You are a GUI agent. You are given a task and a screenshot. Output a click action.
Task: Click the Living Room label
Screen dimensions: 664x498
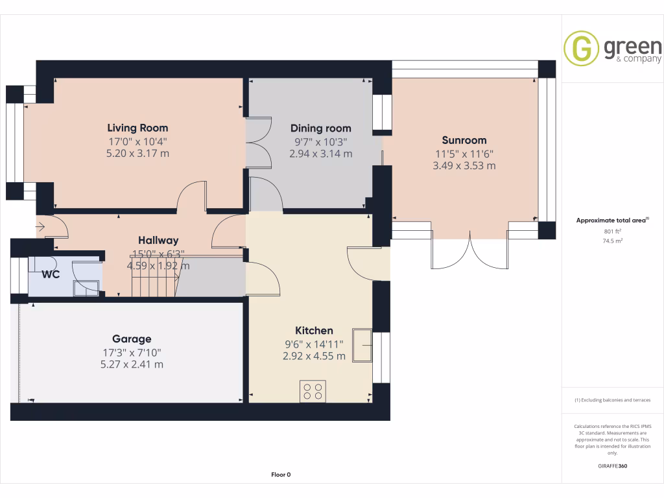[x=137, y=128]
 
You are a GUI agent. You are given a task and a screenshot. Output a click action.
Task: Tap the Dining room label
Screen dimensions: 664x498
[x=320, y=128]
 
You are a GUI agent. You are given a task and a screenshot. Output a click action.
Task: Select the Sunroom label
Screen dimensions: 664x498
[x=464, y=140]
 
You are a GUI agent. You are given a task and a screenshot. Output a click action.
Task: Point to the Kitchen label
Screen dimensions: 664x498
[x=314, y=330]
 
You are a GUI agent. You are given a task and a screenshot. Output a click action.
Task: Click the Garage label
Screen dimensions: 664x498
[x=132, y=338]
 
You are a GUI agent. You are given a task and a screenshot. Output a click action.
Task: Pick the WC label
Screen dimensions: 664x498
[x=51, y=274]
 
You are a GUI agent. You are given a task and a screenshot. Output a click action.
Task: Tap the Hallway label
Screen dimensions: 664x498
[x=158, y=241]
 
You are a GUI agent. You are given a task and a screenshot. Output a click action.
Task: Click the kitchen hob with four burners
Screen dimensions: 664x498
[x=313, y=391]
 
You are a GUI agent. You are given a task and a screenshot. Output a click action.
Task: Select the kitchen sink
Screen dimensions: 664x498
[x=362, y=345]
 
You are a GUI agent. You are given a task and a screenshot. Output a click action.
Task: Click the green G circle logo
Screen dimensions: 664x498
[x=581, y=48]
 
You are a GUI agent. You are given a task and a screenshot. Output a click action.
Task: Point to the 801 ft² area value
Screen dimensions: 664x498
[x=612, y=231]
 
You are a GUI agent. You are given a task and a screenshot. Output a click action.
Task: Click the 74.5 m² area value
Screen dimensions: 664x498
[x=612, y=241]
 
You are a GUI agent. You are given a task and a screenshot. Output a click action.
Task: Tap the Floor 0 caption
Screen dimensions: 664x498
[x=281, y=475]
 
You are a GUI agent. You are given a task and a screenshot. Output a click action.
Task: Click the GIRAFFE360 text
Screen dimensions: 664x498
[x=612, y=466]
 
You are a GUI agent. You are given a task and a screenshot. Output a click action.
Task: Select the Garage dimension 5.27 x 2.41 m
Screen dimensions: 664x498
[x=132, y=364]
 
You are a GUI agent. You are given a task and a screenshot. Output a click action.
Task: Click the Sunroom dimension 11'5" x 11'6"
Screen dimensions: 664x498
[x=464, y=154]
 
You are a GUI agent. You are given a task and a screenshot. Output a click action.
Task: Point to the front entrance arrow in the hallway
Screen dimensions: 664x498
[x=40, y=227]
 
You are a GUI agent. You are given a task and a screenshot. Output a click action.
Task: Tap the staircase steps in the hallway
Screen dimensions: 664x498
[x=154, y=278]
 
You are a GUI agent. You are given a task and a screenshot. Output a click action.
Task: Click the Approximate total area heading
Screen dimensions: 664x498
[x=612, y=220]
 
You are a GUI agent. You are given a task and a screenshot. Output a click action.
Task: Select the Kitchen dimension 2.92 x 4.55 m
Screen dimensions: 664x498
[x=314, y=356]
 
